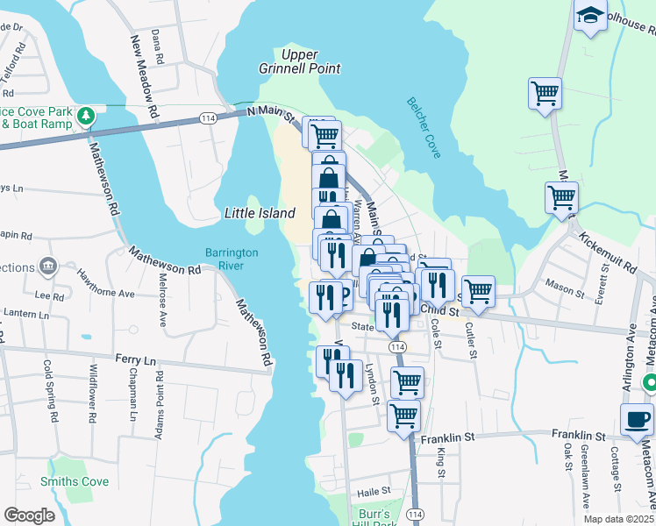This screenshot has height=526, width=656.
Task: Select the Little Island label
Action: [x=260, y=213]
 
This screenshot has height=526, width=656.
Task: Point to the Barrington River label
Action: [x=232, y=259]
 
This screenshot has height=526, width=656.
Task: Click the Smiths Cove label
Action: [x=75, y=481]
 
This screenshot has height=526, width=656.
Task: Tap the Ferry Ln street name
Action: [x=135, y=359]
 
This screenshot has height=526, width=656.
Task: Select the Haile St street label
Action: [x=373, y=492]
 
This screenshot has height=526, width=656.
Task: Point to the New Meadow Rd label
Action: [x=145, y=77]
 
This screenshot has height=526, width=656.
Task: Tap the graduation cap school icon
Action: [x=590, y=15]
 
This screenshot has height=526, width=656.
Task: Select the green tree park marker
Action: [x=86, y=116]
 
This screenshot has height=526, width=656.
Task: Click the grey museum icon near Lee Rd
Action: [x=48, y=267]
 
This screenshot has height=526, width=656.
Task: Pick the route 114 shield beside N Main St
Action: [x=208, y=117]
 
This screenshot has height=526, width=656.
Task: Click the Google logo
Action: [x=29, y=515]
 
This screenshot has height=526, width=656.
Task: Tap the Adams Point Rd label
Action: [x=160, y=399]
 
